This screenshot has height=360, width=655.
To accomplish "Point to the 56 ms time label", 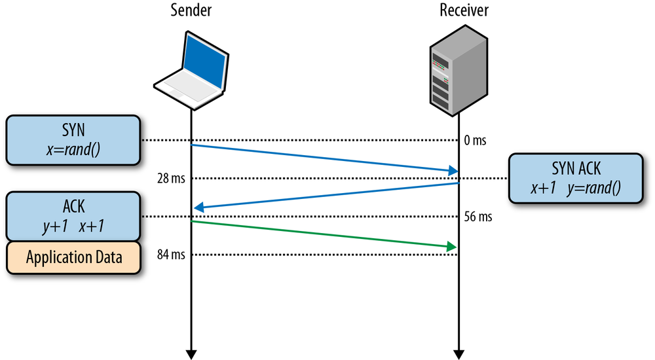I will (478, 217).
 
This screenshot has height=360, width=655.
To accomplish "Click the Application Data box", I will (74, 257).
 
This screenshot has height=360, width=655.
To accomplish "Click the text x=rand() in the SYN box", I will (73, 149).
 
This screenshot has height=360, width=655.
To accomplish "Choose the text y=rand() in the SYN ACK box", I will (596, 188).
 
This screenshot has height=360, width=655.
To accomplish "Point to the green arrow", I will (323, 234).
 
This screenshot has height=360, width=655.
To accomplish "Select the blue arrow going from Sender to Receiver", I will (324, 158).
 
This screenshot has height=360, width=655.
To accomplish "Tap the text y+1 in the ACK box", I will (55, 226).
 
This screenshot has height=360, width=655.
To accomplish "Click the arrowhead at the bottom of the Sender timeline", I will (191, 354).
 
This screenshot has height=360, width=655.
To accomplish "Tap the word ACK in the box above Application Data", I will (73, 207).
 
